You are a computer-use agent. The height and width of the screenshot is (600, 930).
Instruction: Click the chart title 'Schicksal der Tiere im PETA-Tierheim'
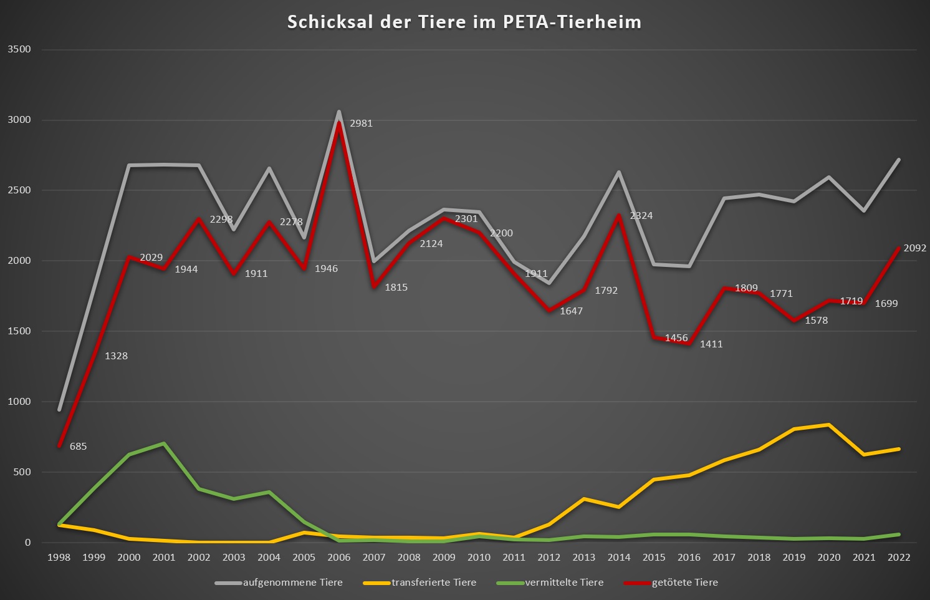click(464, 22)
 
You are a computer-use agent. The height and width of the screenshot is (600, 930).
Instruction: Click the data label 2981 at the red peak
click(361, 123)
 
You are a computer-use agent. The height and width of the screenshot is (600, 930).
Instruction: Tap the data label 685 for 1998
click(78, 447)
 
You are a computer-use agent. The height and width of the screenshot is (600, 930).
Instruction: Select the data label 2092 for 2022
click(914, 248)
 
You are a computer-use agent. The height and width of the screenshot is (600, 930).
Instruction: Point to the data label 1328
click(116, 356)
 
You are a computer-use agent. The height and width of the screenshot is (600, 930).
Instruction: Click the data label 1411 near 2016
click(711, 344)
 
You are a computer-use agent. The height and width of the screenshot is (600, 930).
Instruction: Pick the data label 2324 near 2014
click(641, 216)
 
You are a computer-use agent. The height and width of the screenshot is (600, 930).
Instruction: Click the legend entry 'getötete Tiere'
click(684, 583)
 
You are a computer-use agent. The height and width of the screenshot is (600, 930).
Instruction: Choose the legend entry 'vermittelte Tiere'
click(564, 583)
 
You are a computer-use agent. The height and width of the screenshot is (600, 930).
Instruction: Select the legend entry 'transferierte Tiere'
click(434, 583)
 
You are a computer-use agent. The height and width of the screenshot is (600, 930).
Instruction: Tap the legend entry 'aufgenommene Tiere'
click(292, 583)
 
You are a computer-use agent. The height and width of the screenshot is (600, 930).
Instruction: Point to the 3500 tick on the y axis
click(19, 49)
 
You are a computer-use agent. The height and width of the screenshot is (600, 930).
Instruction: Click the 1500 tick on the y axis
click(19, 331)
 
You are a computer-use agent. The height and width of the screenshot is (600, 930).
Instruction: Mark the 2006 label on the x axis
click(339, 557)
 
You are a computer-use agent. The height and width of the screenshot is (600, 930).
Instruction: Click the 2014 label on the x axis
click(619, 557)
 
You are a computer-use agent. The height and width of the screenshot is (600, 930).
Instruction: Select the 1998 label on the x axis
click(59, 557)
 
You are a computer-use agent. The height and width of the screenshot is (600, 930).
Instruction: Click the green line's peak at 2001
click(164, 443)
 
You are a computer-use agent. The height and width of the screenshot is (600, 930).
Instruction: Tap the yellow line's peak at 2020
click(828, 425)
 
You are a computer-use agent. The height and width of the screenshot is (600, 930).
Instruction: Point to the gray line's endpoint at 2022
click(898, 160)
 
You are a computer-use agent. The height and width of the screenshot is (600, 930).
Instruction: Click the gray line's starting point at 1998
click(59, 410)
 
